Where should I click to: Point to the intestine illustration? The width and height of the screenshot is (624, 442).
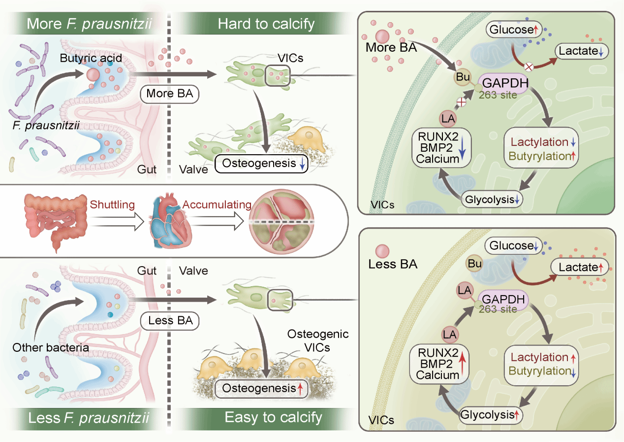point(54,219)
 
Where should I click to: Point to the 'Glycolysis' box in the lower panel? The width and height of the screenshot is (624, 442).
point(490,415)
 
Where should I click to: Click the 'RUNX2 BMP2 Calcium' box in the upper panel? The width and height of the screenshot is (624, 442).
point(441,147)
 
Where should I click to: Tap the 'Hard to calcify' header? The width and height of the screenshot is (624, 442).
point(266,24)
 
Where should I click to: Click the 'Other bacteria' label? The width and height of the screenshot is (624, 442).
point(51,347)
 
